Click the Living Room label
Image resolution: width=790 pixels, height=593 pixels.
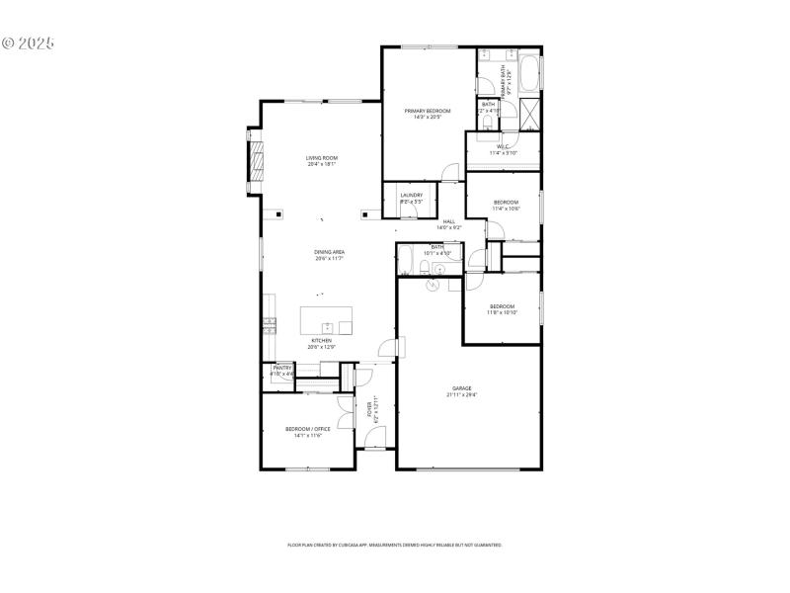pyautogui.click(x=321, y=158)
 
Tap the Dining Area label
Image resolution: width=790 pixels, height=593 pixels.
pyautogui.click(x=329, y=252)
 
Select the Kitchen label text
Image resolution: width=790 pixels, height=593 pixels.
pyautogui.click(x=321, y=340)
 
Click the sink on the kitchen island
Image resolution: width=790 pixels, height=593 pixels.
pyautogui.click(x=326, y=327)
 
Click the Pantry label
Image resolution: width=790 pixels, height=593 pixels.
pyautogui.click(x=282, y=368)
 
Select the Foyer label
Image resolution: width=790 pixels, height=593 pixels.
pyautogui.click(x=370, y=408)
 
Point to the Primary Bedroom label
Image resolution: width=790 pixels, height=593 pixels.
pyautogui.click(x=427, y=111)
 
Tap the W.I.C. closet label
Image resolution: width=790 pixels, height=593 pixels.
pyautogui.click(x=503, y=147)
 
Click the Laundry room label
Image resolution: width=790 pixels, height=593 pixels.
pyautogui.click(x=411, y=195)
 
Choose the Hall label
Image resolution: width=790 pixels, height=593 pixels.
pyautogui.click(x=448, y=221)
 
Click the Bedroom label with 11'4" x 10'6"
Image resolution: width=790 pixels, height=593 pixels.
pyautogui.click(x=506, y=203)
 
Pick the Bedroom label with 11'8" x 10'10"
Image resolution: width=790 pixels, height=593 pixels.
pyautogui.click(x=502, y=306)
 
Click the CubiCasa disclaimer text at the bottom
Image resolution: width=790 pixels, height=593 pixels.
pyautogui.click(x=395, y=545)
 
